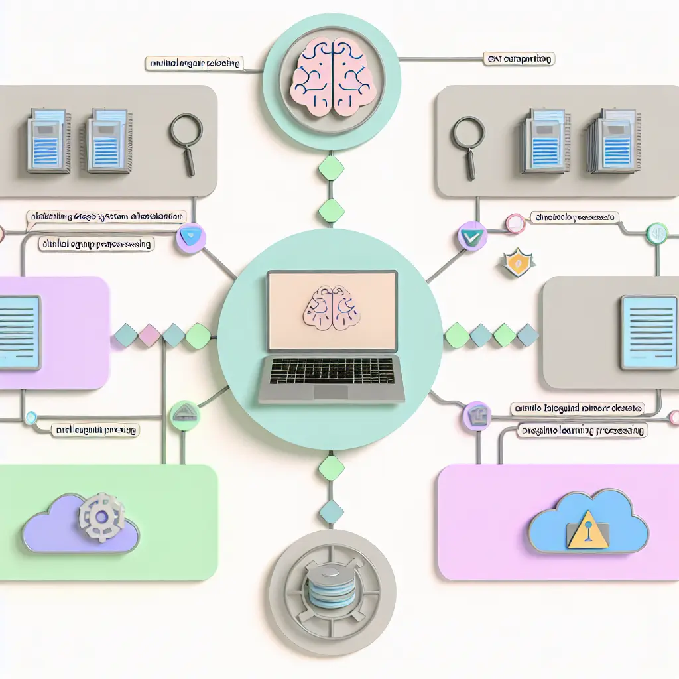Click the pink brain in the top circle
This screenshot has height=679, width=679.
331,76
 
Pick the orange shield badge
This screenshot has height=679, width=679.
515,263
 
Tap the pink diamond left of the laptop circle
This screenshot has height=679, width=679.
149,336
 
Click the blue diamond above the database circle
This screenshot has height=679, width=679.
332,511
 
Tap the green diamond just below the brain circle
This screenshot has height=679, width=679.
332,168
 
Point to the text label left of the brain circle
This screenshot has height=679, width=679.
194,64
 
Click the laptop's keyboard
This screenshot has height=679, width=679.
332,369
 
